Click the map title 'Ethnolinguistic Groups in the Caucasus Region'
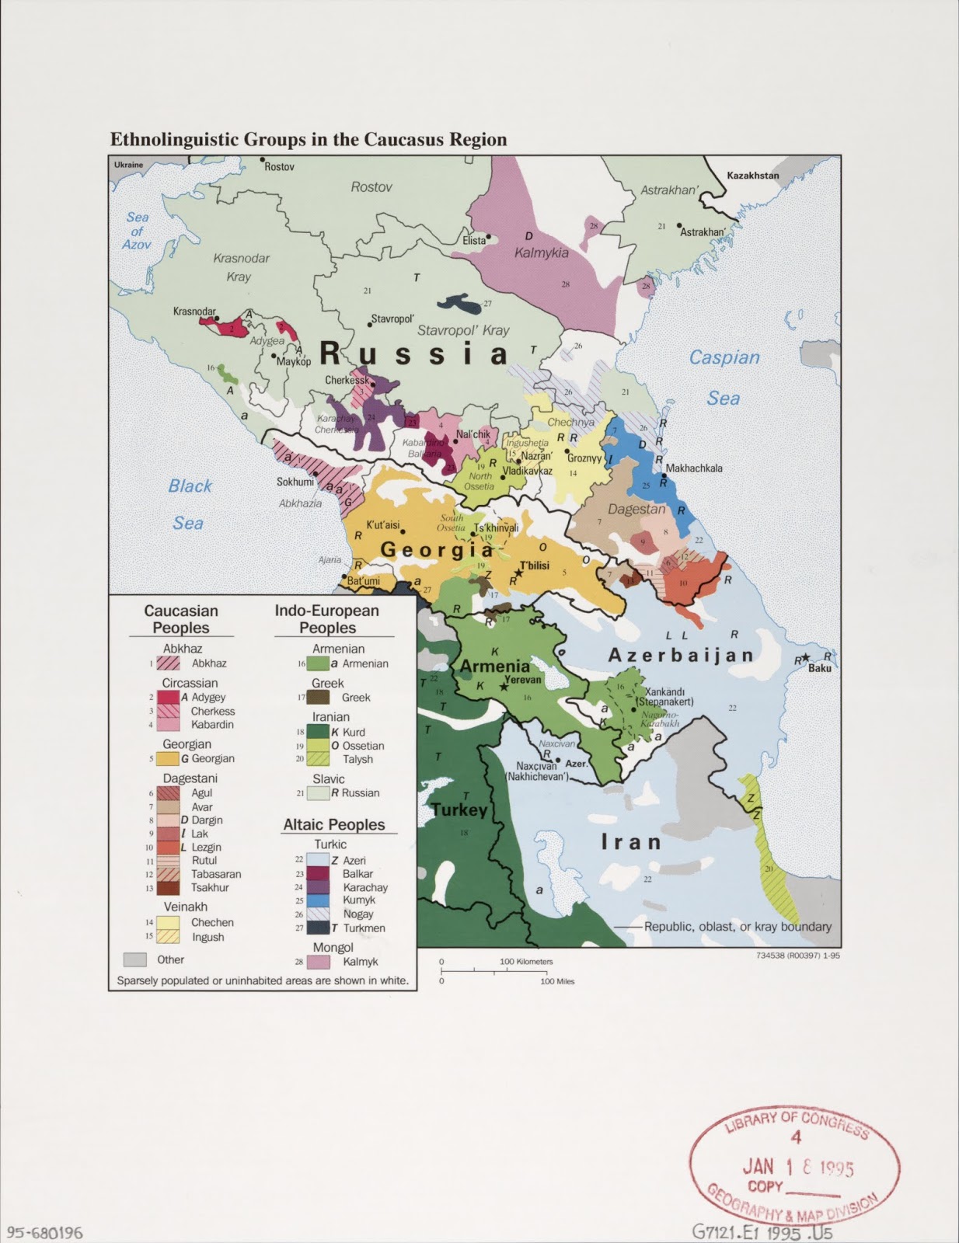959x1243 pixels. pyautogui.click(x=309, y=140)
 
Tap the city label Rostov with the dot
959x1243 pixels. pyautogui.click(x=279, y=167)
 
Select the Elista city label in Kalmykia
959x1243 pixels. pyautogui.click(x=473, y=241)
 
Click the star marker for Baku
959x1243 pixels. pyautogui.click(x=807, y=657)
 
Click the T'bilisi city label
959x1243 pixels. pyautogui.click(x=535, y=566)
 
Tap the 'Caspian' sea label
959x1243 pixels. pyautogui.click(x=724, y=358)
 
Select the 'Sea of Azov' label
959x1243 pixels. pyautogui.click(x=137, y=231)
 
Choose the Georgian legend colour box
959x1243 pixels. pyautogui.click(x=169, y=759)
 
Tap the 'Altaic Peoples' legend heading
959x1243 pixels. pyautogui.click(x=334, y=825)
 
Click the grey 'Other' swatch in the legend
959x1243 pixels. pyautogui.click(x=135, y=959)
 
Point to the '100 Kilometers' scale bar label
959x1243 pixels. pyautogui.click(x=526, y=962)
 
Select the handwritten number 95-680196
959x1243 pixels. pyautogui.click(x=44, y=1232)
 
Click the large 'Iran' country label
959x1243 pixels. pyautogui.click(x=630, y=842)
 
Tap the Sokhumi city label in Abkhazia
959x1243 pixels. pyautogui.click(x=295, y=482)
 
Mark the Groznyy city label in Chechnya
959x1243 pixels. pyautogui.click(x=584, y=458)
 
